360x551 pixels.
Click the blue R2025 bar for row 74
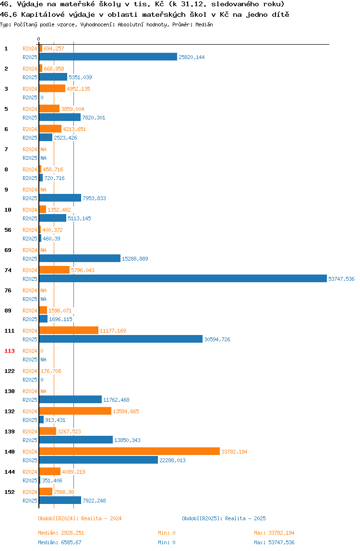[x=183, y=279]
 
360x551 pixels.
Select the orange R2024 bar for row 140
[x=130, y=452]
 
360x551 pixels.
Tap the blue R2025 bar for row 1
[x=108, y=57]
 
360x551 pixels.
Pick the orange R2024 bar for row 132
[x=75, y=411]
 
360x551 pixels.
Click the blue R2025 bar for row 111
[x=121, y=339]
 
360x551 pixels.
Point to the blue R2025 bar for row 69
[x=80, y=259]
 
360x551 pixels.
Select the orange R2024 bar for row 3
[x=52, y=88]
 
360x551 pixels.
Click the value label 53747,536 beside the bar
[x=341, y=279]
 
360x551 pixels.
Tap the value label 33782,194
[x=235, y=452]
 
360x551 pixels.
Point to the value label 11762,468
[x=116, y=400]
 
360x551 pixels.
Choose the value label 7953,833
[x=94, y=198]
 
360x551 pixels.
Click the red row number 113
[x=10, y=351]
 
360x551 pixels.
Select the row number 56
[x=8, y=230]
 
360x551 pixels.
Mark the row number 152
[x=10, y=492]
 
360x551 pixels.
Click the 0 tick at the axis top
[x=39, y=39]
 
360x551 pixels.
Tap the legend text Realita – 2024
[x=101, y=519]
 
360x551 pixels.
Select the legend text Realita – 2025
[x=245, y=519]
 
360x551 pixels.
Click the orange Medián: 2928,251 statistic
[x=61, y=533]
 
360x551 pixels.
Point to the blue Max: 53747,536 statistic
[x=274, y=542]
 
